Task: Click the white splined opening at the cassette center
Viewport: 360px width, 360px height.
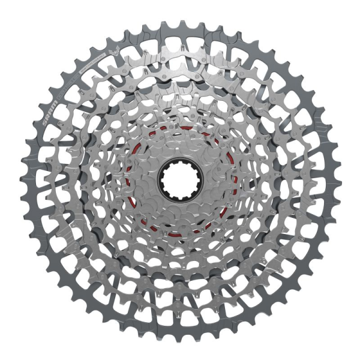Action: pos(179,179)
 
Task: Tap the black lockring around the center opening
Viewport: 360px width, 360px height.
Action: pos(179,162)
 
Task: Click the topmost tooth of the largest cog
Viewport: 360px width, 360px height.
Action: pos(180,22)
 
